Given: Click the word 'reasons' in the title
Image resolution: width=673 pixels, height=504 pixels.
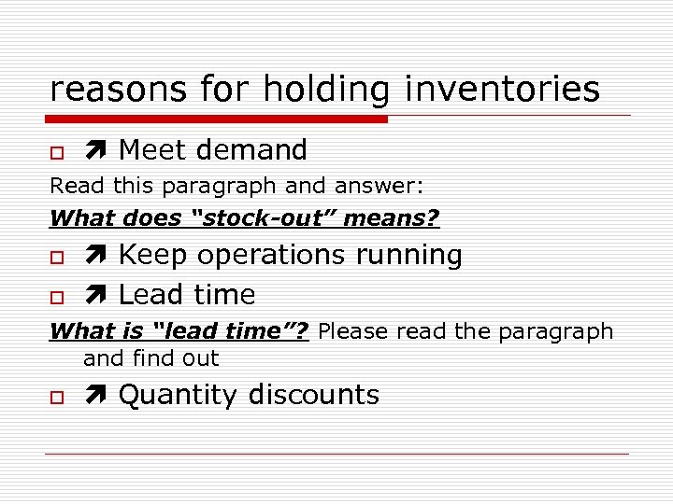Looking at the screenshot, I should coord(105,90).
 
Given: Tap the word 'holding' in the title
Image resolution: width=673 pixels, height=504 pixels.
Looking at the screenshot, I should coord(326,90).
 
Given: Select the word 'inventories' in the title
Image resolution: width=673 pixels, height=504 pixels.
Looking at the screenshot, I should coord(502,90).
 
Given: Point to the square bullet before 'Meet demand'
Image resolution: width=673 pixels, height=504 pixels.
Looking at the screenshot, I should coord(56,151).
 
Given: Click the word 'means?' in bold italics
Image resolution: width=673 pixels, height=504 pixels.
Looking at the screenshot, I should coord(393,218).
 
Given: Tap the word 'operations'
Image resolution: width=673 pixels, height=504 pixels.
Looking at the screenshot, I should coord(270,256).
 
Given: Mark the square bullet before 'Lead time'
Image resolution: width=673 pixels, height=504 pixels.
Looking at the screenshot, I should coord(56,297).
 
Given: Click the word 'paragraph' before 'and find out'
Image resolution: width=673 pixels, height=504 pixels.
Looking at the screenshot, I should coord(557,331).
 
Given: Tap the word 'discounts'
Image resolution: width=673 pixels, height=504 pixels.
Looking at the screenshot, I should coord(313,395).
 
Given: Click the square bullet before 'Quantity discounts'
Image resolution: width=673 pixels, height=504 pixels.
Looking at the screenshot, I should coord(56,397).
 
